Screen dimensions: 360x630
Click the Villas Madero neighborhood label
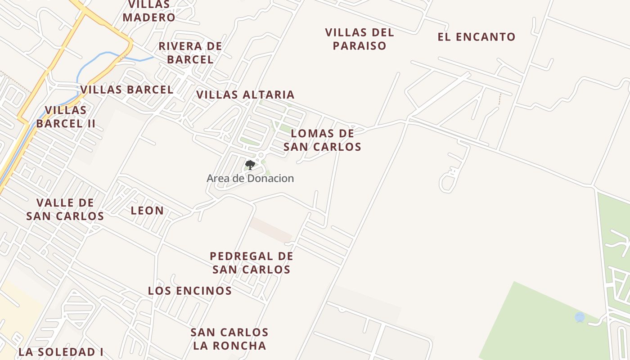tap(149, 11)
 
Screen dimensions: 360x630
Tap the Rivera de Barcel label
tap(190, 53)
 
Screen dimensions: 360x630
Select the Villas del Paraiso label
tap(360, 39)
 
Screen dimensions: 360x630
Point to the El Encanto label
tap(477, 37)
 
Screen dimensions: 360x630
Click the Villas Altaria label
tap(245, 94)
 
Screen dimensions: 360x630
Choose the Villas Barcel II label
tap(66, 117)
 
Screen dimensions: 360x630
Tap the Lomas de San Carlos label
tap(322, 140)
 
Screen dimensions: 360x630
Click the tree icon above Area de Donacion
tap(250, 165)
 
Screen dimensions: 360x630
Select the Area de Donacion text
tap(250, 178)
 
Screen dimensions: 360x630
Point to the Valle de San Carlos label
tap(65, 209)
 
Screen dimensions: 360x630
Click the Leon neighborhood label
tap(147, 211)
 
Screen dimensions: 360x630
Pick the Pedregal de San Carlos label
tap(252, 263)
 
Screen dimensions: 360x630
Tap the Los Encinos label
tap(190, 291)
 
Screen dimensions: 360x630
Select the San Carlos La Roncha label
tap(229, 339)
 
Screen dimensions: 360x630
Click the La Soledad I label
tap(61, 352)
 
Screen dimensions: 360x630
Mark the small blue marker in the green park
tap(580, 318)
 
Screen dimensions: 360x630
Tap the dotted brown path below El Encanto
tap(499, 99)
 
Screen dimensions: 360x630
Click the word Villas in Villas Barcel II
tap(66, 110)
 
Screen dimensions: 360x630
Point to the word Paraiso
tap(360, 45)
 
